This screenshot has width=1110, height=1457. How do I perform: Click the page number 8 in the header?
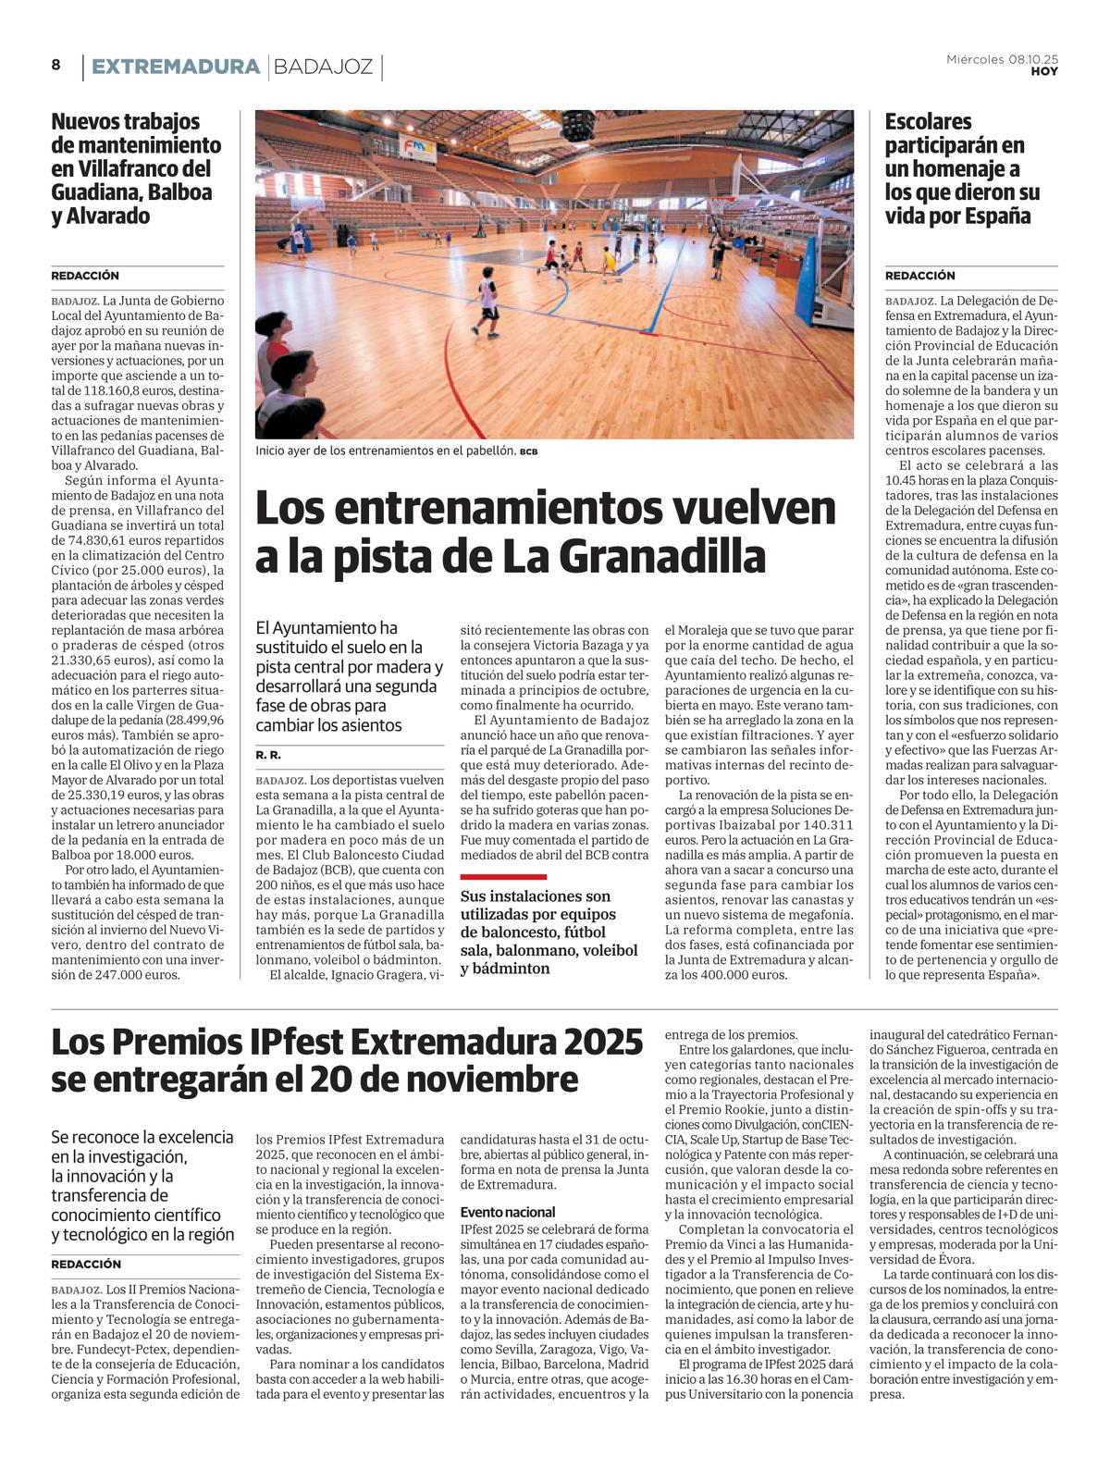[x=56, y=65]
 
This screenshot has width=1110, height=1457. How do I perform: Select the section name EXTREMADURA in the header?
[x=176, y=67]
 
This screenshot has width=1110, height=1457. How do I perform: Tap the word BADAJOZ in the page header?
[x=324, y=67]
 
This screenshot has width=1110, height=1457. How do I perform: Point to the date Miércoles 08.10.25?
[x=1002, y=59]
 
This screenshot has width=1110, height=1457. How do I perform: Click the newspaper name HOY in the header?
[x=1044, y=71]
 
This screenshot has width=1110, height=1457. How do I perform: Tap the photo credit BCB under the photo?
[x=528, y=451]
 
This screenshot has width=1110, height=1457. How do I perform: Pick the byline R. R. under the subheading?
[x=268, y=756]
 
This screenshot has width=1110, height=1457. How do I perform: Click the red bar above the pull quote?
[x=503, y=876]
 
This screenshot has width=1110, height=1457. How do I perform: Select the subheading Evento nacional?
[x=508, y=1212]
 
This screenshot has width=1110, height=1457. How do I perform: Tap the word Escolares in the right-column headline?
[x=928, y=121]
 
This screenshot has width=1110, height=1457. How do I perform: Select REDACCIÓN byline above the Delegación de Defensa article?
[x=919, y=276]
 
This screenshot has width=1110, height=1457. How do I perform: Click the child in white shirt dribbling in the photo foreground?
[x=487, y=306]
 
